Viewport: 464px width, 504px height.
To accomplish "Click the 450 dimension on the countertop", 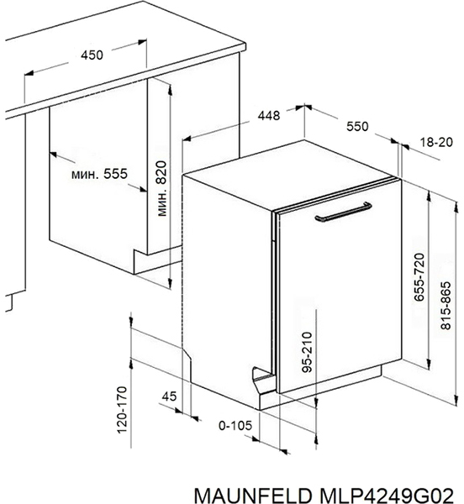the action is (92, 55).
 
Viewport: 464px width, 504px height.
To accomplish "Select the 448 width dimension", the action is (269, 115).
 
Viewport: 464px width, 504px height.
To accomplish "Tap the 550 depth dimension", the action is (357, 126).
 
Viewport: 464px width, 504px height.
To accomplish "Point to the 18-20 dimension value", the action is (436, 142).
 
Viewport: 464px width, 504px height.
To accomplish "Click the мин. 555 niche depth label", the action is (99, 174).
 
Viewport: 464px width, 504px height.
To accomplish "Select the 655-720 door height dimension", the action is (419, 277).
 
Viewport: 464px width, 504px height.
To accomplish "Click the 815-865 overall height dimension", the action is (446, 306).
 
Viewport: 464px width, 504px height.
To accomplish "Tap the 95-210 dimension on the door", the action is (308, 352).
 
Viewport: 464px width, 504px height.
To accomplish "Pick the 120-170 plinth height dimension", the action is (122, 410).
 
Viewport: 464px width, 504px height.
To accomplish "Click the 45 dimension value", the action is (169, 396).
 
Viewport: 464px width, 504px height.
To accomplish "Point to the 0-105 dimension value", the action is (235, 426).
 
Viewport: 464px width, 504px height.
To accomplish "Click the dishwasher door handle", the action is (344, 213).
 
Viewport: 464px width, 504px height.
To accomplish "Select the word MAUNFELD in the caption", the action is (253, 496).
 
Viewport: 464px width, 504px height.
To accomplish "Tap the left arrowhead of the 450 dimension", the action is (29, 73).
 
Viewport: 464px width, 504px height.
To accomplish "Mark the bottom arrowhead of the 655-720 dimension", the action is (429, 364).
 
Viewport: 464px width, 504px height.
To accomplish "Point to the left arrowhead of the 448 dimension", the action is (187, 139).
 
